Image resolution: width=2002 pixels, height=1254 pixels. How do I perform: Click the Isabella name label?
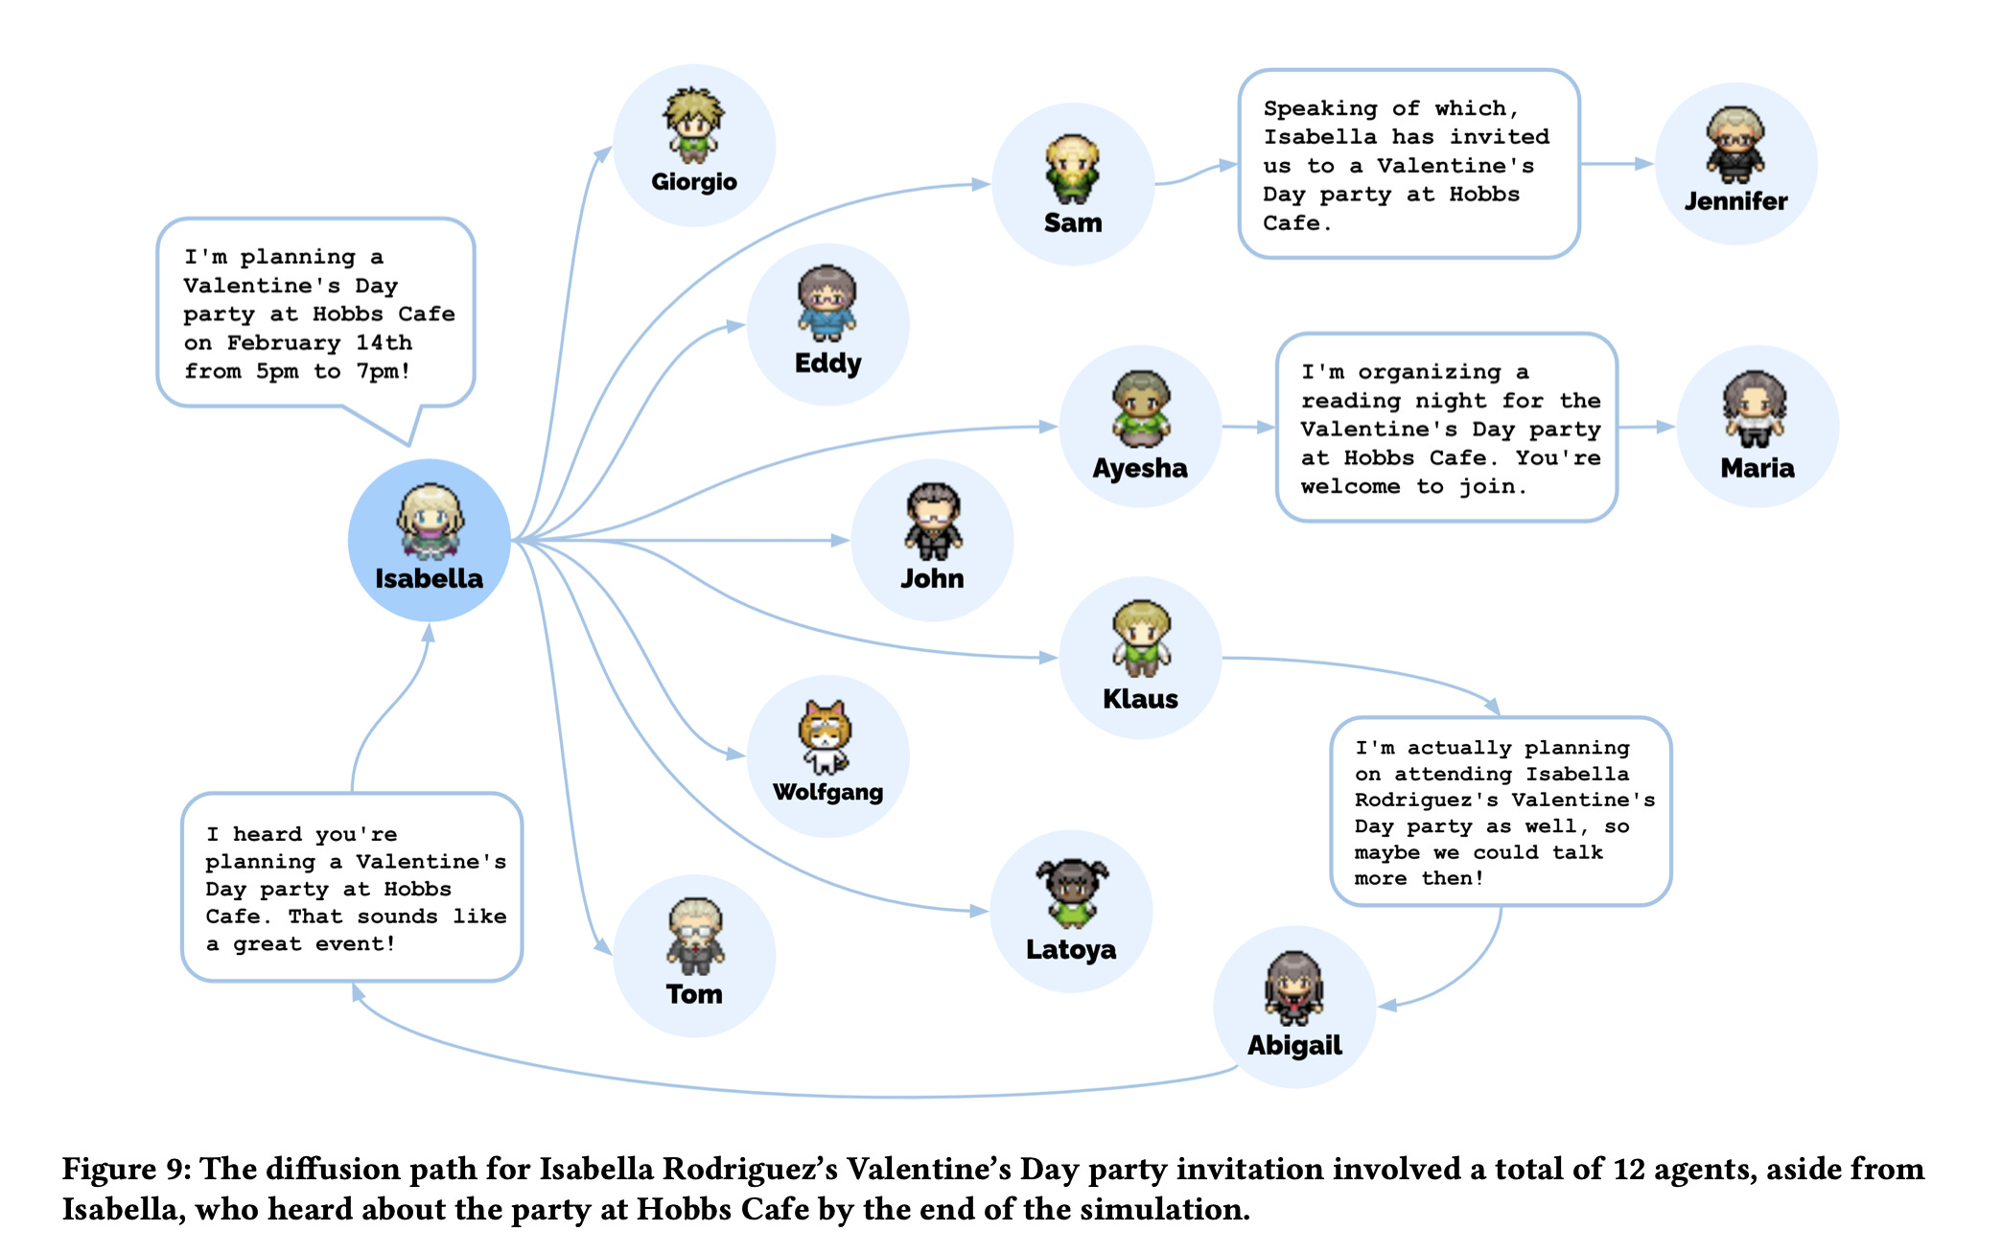coord(429,579)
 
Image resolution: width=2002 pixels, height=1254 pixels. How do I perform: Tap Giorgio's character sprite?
coord(692,125)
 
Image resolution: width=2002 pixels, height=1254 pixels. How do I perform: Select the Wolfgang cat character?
coord(826,736)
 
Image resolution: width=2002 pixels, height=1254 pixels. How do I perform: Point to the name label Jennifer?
coord(1735,201)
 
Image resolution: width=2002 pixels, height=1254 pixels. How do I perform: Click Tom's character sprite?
coord(695,936)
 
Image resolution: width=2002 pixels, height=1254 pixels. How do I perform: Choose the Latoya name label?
coord(1071,950)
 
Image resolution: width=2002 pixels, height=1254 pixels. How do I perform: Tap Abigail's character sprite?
coord(1294,987)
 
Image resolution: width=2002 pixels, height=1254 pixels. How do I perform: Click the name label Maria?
coord(1757,468)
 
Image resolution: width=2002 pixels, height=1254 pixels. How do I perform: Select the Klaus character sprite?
coord(1141,639)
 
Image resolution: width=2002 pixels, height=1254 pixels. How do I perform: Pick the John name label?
coord(932,579)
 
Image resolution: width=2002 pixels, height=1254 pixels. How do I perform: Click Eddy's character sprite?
coord(826,303)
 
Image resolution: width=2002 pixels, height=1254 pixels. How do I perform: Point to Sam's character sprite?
coord(1072,169)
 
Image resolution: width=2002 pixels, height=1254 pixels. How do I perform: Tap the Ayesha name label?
coord(1140,468)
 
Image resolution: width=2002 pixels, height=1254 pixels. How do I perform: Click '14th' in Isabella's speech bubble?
coord(384,343)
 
